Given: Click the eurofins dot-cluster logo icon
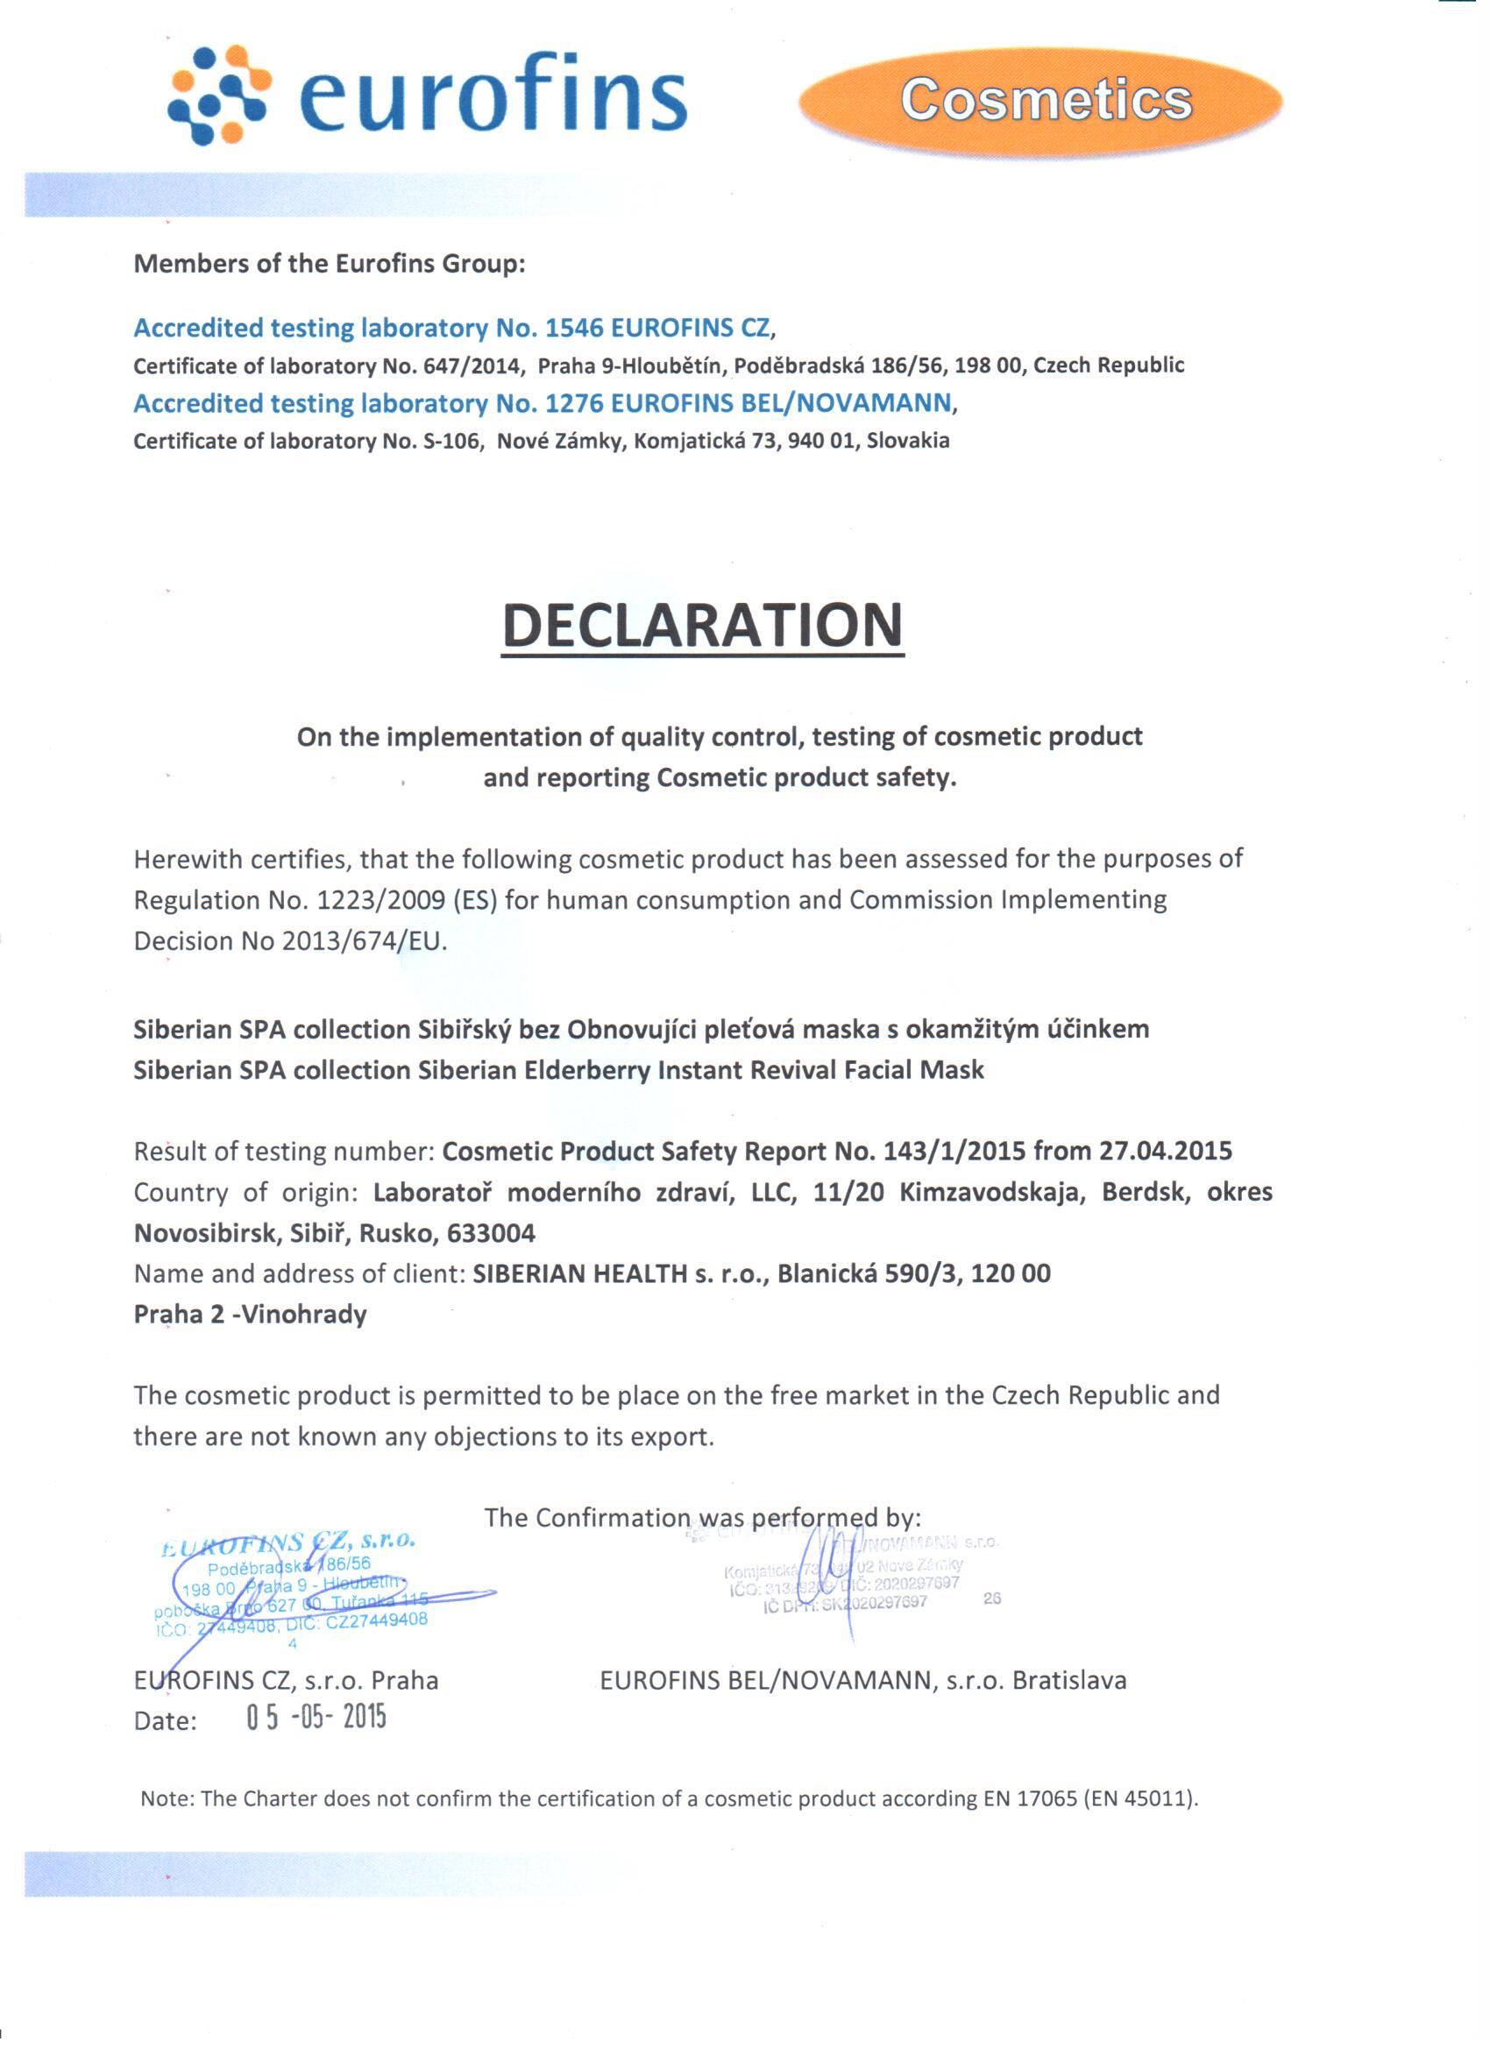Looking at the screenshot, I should tap(220, 94).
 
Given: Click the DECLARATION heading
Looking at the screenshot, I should tap(702, 625).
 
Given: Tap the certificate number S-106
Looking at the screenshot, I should tap(449, 441).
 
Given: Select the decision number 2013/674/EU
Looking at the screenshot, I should tap(363, 941).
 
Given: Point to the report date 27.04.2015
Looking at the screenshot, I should tap(1165, 1151).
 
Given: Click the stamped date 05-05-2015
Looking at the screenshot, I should tap(316, 1717).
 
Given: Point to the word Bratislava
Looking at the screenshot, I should tap(1069, 1680).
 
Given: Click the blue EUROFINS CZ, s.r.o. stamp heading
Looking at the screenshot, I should tap(287, 1544).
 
